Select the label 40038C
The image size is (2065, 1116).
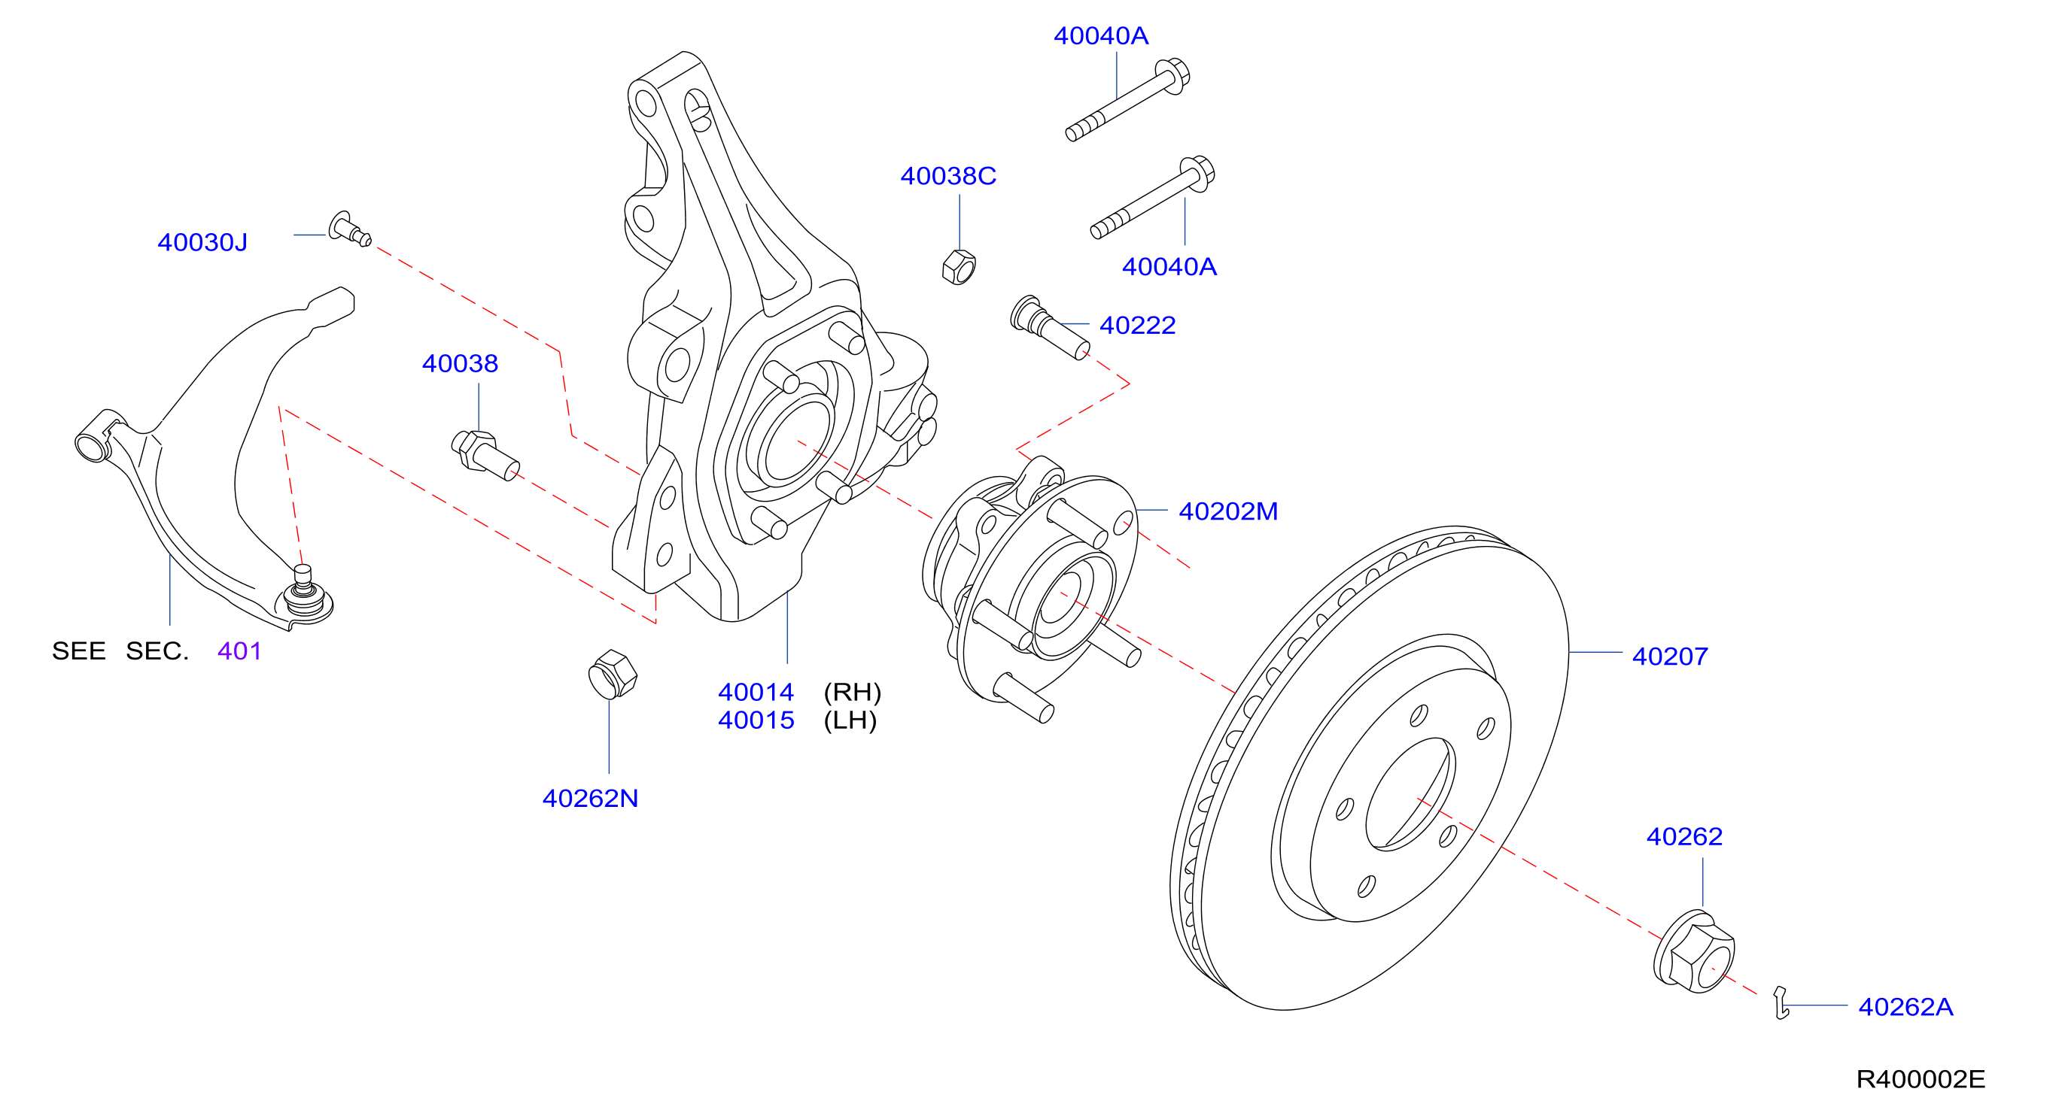coord(947,175)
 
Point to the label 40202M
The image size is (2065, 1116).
coord(1228,511)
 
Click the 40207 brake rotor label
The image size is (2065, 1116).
coord(1670,657)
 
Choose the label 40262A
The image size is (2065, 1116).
coord(1905,1006)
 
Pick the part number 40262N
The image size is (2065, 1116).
coord(590,798)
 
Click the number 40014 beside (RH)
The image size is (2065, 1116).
coord(756,691)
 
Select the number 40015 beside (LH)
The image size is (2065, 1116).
coord(756,720)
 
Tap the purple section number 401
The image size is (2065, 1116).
coord(239,650)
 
